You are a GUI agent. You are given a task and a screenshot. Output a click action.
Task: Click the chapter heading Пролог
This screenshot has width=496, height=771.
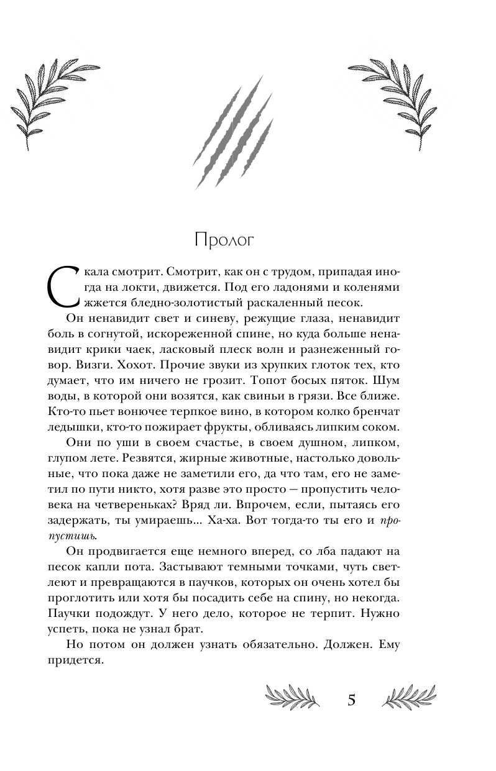pyautogui.click(x=225, y=240)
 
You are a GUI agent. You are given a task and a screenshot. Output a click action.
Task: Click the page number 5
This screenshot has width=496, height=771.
pyautogui.click(x=351, y=700)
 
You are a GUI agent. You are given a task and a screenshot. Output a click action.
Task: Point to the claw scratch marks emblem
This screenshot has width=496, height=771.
pyautogui.click(x=234, y=136)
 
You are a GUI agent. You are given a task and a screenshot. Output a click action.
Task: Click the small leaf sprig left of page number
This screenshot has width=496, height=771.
pyautogui.click(x=292, y=696)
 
